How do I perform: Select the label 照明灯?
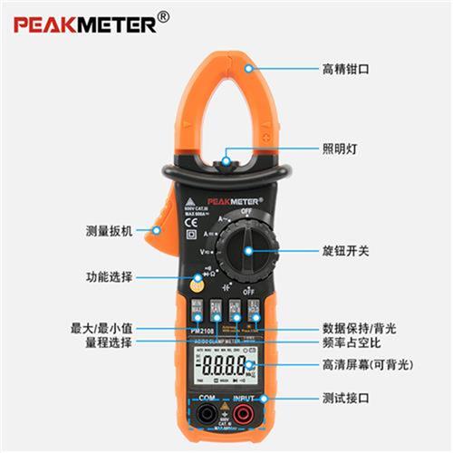[x=339, y=150]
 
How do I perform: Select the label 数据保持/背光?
[x=357, y=327]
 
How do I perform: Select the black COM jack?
[x=205, y=418]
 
